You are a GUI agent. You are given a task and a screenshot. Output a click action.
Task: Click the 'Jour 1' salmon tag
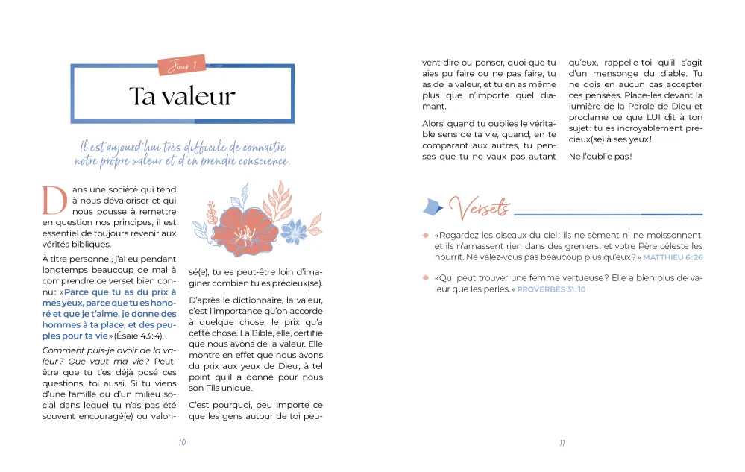182,66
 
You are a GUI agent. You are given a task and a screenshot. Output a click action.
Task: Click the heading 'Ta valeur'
182,96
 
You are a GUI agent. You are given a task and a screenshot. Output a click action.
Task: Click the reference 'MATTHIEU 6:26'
673,257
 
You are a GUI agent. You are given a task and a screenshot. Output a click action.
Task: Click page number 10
182,442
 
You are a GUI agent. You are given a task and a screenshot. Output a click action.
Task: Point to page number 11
562,442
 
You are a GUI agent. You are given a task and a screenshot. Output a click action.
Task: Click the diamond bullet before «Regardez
425,236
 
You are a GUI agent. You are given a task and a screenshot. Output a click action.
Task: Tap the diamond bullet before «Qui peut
425,278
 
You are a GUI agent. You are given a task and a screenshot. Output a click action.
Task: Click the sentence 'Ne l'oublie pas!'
600,156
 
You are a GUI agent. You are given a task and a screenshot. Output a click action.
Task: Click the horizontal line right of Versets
608,213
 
